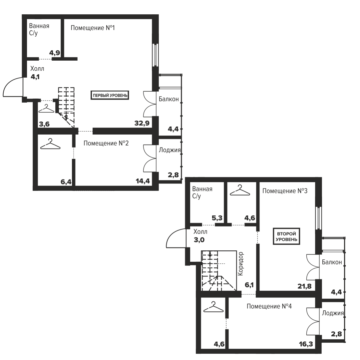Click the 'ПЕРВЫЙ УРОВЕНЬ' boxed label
coord(110,95)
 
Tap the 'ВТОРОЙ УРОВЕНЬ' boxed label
coord(286,236)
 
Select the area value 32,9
coord(142,123)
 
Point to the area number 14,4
coord(143,181)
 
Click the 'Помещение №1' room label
coord(93,28)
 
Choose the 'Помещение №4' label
coord(269,306)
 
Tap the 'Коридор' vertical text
coord(240,264)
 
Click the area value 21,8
coord(305,286)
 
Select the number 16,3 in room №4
coord(306,344)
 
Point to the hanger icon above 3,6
coord(46,109)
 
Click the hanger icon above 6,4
coord(50,144)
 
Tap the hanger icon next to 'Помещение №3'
coord(240,190)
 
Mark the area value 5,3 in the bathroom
coord(217,218)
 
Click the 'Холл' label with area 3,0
coord(200,231)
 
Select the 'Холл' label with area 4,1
coord(37,69)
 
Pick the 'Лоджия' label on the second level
coord(333,313)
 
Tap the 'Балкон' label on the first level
coord(169,99)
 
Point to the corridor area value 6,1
coord(249,285)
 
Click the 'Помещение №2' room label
coord(106,143)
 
